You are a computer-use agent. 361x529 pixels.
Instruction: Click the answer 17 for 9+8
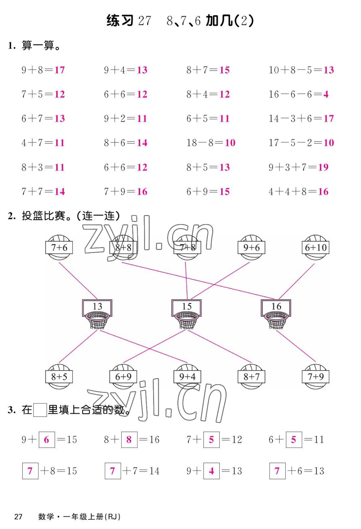59,70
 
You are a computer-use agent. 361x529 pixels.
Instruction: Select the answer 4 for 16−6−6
326,94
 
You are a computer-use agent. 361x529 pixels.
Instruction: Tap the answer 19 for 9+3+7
323,167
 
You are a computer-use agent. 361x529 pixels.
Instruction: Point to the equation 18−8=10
211,143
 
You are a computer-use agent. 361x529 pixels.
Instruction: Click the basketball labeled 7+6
59,248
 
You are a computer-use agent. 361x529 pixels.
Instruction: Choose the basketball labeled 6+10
316,248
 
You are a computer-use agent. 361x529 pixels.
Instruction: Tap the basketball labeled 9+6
251,248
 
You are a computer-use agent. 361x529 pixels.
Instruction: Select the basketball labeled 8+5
59,377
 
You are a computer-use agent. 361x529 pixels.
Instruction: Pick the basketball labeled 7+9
316,377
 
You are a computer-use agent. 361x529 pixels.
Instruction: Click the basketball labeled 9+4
187,377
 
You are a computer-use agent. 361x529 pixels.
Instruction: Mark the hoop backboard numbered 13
97,307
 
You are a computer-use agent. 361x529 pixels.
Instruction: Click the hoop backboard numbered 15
187,307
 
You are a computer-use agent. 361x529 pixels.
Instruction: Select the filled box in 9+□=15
47,439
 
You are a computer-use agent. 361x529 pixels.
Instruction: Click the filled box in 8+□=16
129,439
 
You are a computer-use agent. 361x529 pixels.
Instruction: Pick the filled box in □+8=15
30,471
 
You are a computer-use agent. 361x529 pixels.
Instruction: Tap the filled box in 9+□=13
211,471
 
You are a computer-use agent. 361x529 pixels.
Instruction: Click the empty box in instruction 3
40,410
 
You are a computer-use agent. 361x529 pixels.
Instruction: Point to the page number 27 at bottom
18,517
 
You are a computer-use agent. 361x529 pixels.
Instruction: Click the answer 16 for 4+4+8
323,191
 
